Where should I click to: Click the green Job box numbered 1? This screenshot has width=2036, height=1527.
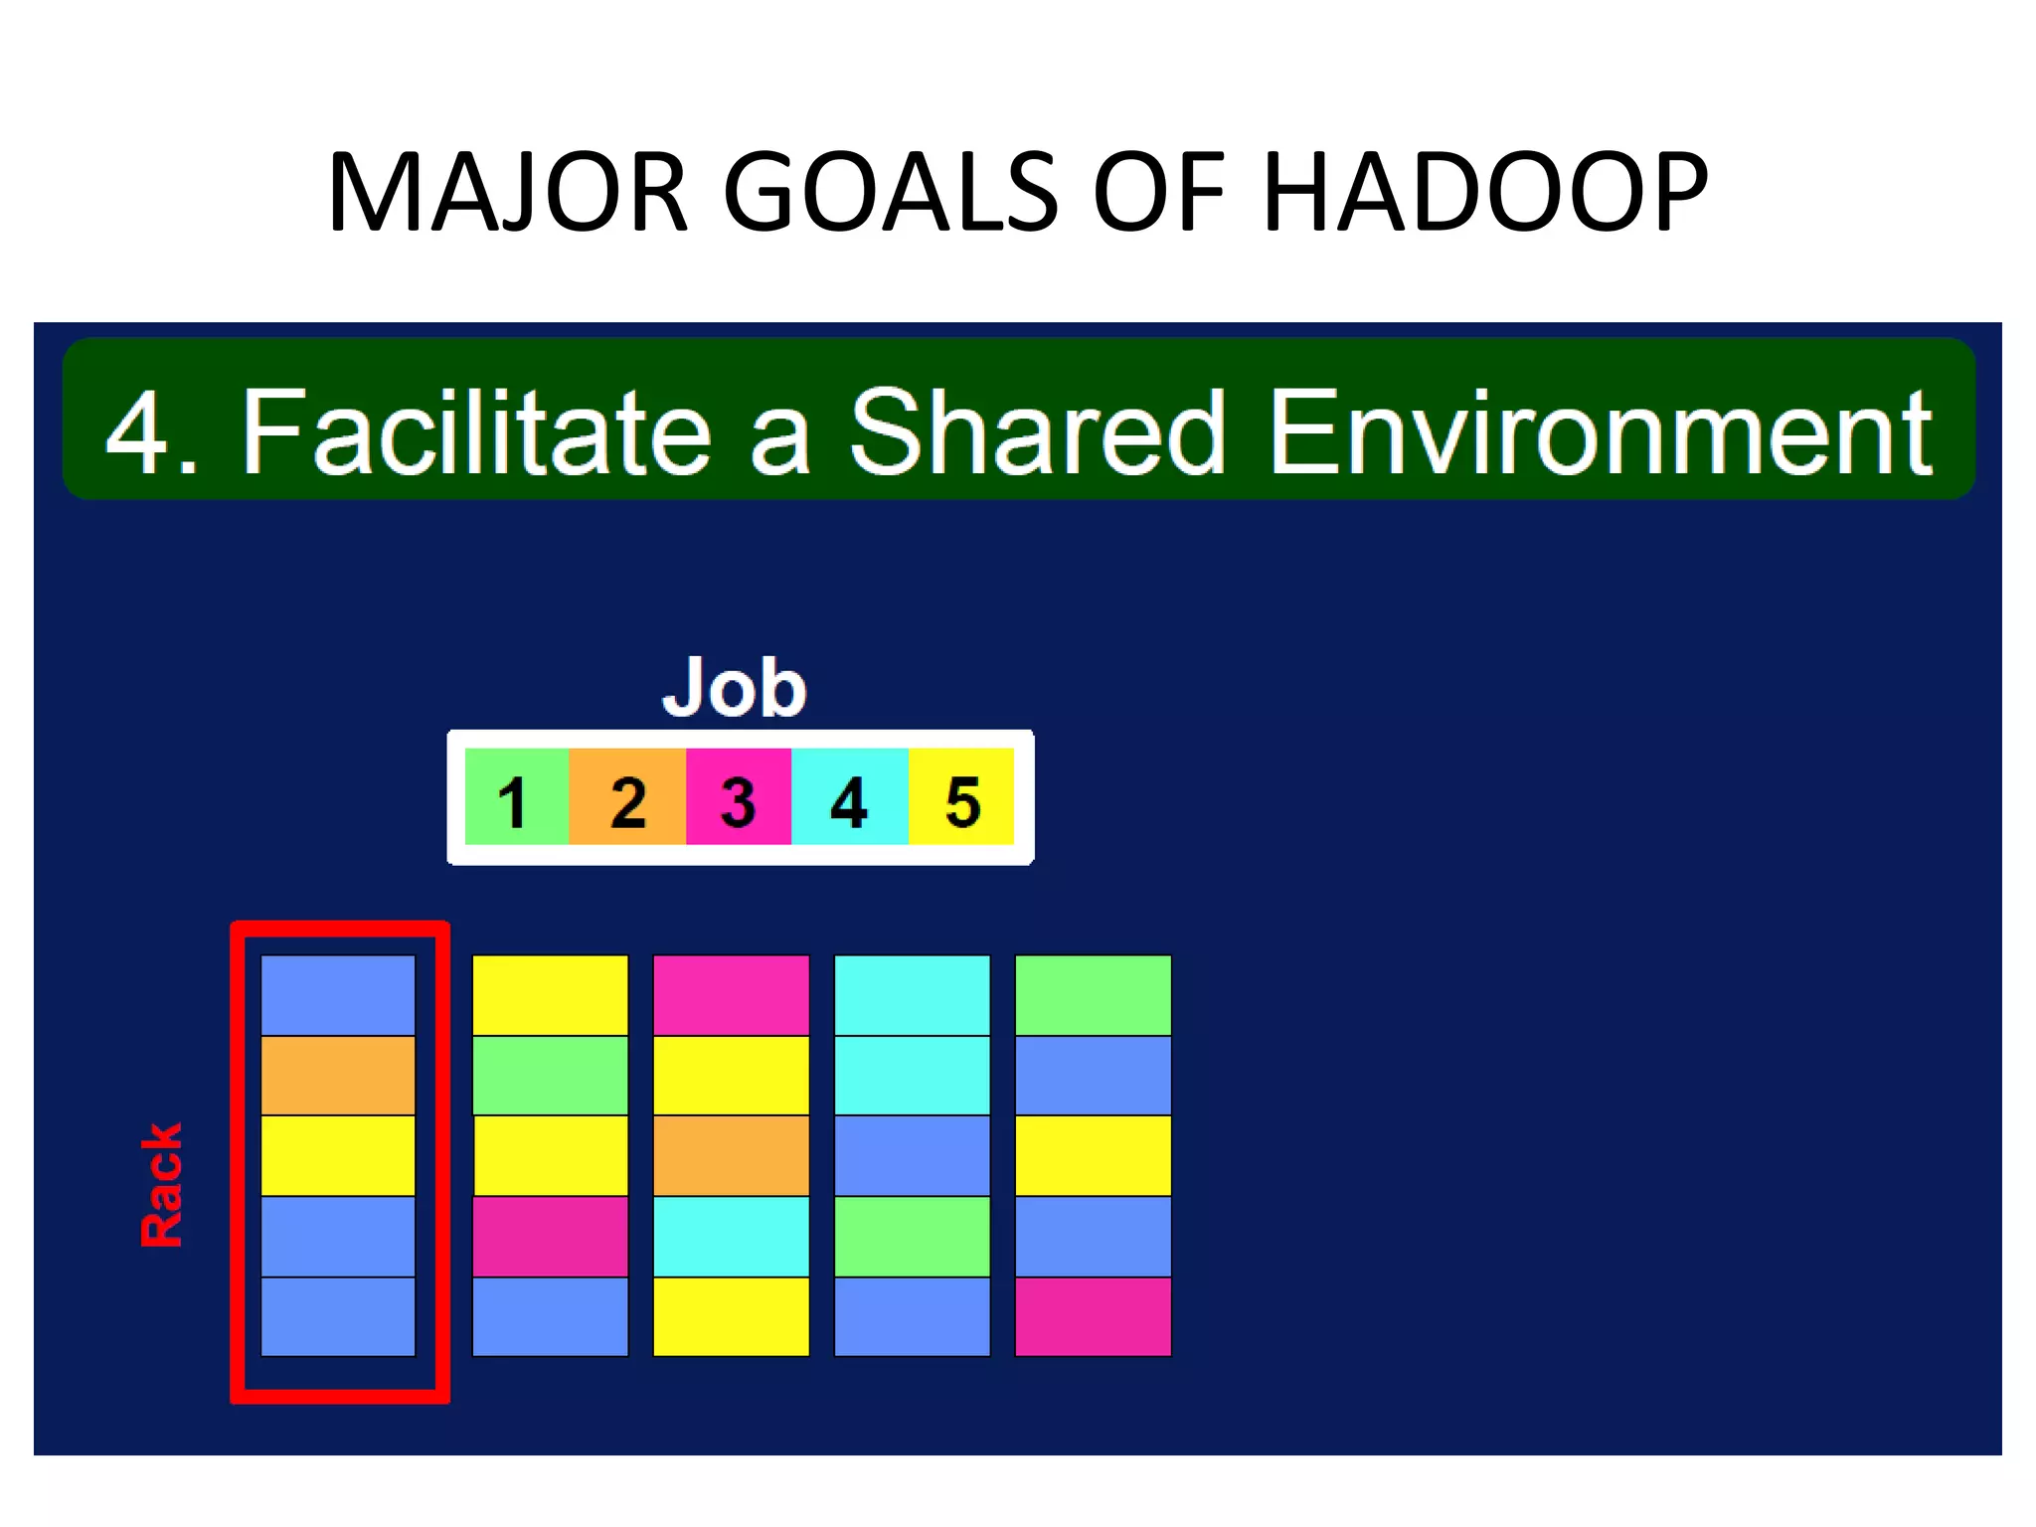point(516,796)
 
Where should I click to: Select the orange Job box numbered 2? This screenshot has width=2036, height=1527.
point(627,796)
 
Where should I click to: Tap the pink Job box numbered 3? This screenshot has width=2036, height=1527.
point(738,796)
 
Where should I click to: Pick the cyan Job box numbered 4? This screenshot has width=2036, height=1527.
point(849,796)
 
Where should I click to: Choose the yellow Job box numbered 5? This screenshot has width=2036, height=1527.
point(961,796)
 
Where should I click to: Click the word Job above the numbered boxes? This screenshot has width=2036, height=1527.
point(734,687)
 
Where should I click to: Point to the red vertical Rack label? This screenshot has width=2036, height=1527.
point(161,1185)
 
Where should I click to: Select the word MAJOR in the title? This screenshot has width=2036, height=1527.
point(507,192)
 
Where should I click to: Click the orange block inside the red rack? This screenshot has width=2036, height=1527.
point(338,1076)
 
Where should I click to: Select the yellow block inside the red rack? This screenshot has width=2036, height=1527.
point(338,1155)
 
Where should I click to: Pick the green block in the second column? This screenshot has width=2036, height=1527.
point(550,1076)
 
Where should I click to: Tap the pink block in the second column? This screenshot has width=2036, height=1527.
point(550,1236)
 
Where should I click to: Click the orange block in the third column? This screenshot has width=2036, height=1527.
point(731,1155)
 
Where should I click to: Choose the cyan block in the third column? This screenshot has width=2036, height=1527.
point(731,1236)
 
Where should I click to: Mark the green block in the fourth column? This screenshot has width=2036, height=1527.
point(912,1236)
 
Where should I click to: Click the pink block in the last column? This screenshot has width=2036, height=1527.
point(1093,1316)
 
